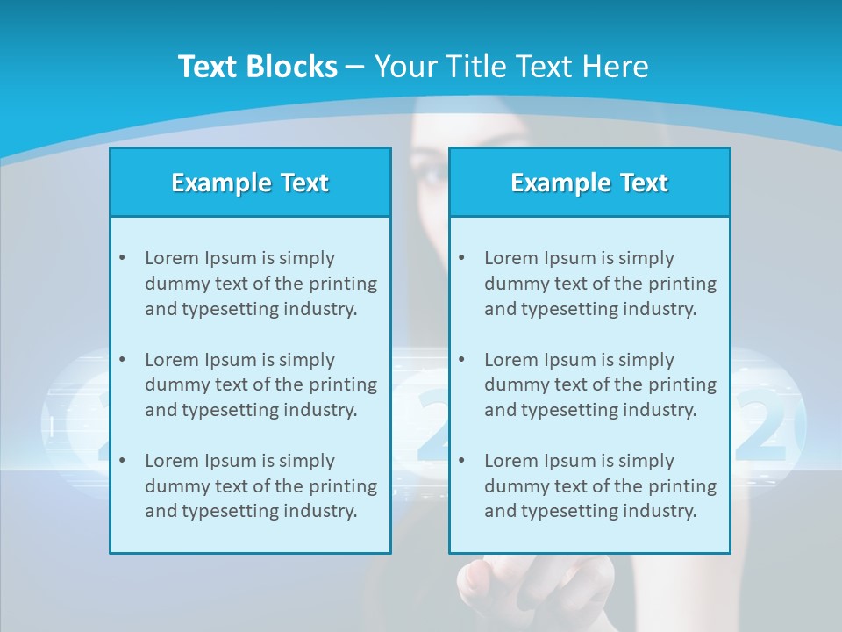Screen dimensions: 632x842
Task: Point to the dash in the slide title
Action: tap(355, 68)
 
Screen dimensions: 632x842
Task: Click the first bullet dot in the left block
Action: tap(122, 258)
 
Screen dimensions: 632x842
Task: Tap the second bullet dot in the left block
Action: tap(122, 360)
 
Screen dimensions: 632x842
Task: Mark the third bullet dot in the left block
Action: tap(122, 461)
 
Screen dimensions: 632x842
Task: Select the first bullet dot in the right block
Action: tap(461, 258)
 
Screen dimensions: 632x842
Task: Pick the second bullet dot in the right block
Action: tap(461, 360)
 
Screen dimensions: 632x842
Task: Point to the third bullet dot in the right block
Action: tap(461, 461)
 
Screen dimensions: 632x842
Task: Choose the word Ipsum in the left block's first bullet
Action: tap(229, 258)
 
